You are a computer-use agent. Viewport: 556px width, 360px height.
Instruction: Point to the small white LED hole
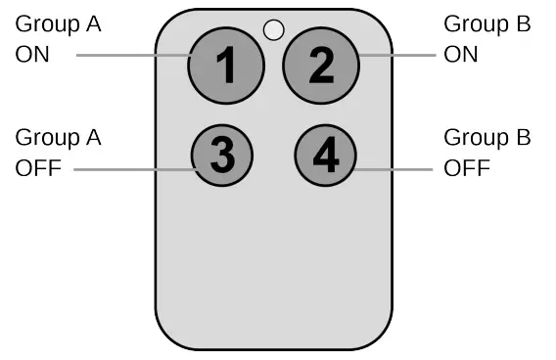[x=275, y=29]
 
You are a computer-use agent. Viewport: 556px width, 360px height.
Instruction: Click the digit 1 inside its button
[x=226, y=66]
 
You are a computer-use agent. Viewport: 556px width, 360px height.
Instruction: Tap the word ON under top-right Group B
[x=461, y=55]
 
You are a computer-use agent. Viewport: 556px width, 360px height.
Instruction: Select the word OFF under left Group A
[x=38, y=167]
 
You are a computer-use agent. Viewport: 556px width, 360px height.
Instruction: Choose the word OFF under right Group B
[x=466, y=167]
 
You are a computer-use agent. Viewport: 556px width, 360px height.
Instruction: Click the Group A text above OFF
[x=58, y=138]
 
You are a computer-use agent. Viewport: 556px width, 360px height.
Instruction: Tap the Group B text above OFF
[x=486, y=138]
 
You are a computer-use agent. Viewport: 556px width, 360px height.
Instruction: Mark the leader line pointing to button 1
[x=132, y=55]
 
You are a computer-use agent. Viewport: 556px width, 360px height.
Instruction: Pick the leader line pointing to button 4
[x=395, y=167]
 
